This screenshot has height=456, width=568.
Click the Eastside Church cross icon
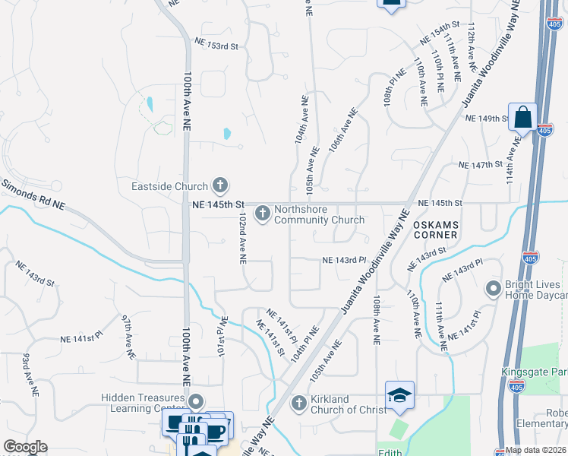(220, 185)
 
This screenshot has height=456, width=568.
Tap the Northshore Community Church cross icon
(263, 214)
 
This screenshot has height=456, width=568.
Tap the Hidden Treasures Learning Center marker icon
(197, 401)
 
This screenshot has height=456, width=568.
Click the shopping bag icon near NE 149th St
(522, 118)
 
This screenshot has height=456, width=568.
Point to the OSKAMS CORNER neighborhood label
(435, 230)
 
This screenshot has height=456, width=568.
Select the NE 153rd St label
(216, 46)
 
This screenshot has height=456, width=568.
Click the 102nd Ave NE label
(241, 238)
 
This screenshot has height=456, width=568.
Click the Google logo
(25, 447)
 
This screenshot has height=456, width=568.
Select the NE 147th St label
(481, 164)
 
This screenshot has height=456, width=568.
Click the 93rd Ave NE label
(30, 373)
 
